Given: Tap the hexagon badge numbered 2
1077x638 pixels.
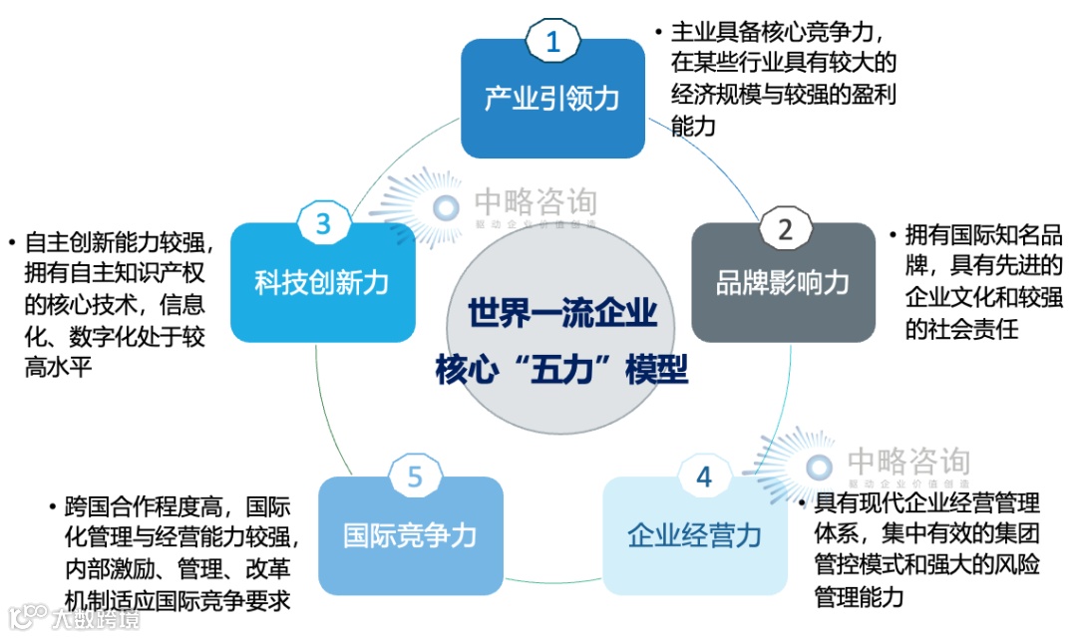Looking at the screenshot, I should [x=785, y=230].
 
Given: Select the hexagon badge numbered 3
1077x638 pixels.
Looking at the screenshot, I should [x=323, y=224].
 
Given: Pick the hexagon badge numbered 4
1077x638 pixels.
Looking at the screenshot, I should [x=704, y=478].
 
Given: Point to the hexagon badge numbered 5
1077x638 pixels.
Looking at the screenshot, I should [x=415, y=478].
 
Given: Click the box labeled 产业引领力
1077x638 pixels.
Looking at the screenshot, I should [x=552, y=100].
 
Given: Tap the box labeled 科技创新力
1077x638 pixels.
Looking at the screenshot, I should [x=321, y=284].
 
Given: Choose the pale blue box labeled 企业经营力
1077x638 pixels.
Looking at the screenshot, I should [x=694, y=537].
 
